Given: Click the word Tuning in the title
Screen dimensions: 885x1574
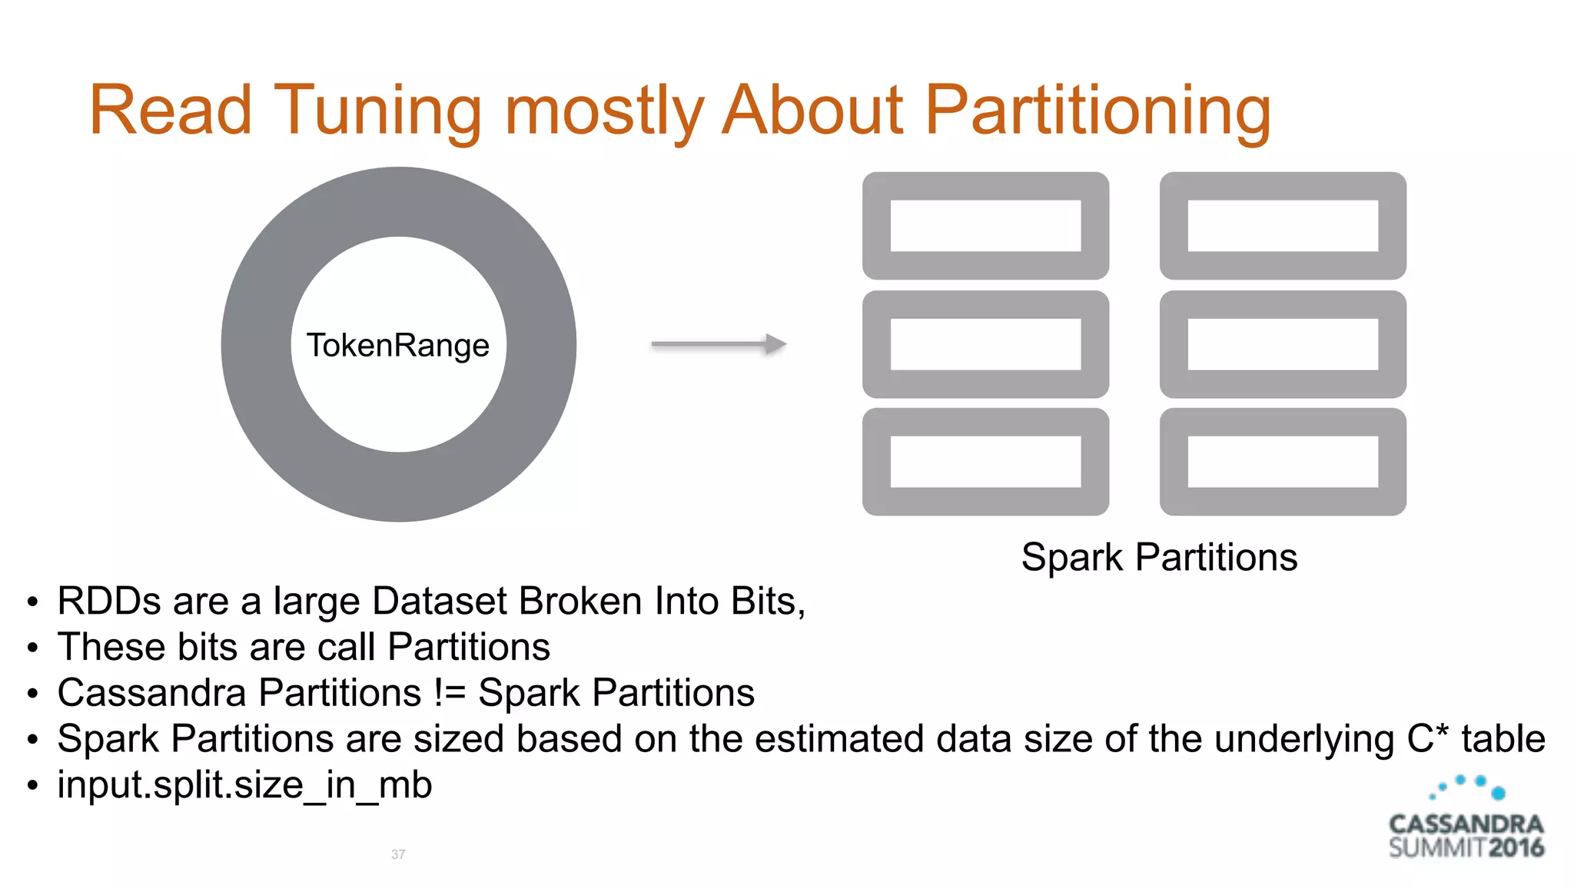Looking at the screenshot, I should click(377, 111).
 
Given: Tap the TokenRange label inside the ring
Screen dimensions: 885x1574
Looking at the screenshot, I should click(398, 345).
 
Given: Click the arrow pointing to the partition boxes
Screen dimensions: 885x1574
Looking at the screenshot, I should click(718, 344).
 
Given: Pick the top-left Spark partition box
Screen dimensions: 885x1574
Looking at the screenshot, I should click(985, 226).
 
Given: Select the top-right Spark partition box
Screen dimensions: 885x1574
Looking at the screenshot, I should click(1283, 226).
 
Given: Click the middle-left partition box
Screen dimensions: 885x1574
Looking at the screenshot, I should click(985, 344).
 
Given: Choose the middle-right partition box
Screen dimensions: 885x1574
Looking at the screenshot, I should click(1283, 344).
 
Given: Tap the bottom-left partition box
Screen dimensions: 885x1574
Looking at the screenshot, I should click(985, 462).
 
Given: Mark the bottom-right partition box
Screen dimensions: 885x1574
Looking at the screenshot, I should click(1283, 462).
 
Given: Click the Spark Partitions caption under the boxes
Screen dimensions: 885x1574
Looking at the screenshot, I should click(1159, 557).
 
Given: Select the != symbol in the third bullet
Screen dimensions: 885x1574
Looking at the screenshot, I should click(450, 693).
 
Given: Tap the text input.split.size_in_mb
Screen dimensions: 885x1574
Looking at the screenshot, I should click(244, 785).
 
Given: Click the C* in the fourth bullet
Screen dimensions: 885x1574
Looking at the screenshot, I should click(1427, 738).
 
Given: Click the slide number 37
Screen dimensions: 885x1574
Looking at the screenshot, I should click(398, 854).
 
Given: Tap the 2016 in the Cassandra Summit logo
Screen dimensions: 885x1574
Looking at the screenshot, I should click(1516, 848).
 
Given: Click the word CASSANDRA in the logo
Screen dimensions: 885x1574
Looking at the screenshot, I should click(1466, 824).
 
